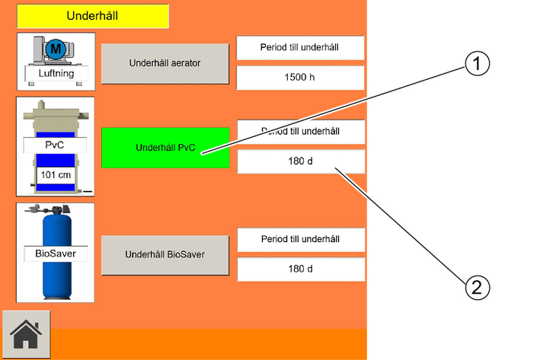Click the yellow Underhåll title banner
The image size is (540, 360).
coord(93,16)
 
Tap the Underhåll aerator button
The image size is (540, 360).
coord(165,63)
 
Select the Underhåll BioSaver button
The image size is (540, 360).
coord(165,255)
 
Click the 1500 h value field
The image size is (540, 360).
coord(300,78)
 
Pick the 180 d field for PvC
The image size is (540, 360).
coord(301,161)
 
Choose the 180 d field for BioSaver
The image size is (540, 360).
coord(301,269)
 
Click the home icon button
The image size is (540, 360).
coord(26,334)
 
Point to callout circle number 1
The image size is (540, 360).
coord(477,64)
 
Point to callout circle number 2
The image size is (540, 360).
coord(477,287)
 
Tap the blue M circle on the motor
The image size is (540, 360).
coord(56,49)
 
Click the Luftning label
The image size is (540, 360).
coord(56,73)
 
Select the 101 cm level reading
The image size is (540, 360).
coord(56,175)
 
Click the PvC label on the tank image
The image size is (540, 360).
coord(55,145)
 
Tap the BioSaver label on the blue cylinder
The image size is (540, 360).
coord(56,253)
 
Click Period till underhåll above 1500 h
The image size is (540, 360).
coord(300,47)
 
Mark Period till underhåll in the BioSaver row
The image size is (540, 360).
coord(301,239)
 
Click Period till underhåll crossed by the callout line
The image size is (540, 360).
coord(301,132)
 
